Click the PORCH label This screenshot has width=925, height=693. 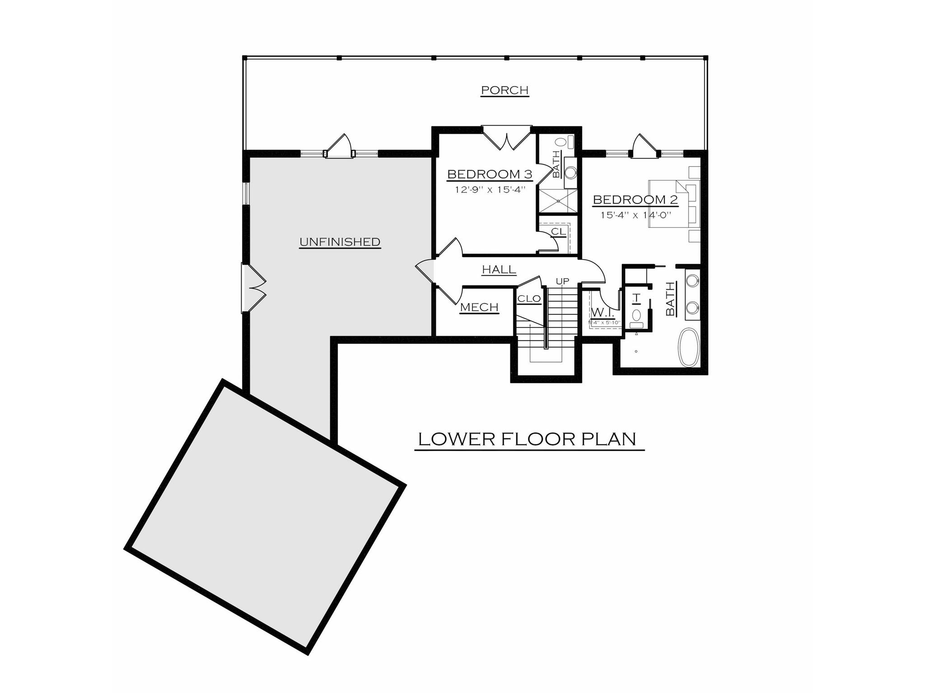505,90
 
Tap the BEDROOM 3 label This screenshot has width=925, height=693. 490,174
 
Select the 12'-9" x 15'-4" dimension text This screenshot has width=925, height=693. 491,190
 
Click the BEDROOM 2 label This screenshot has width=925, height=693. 635,199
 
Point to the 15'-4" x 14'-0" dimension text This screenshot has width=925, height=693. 635,215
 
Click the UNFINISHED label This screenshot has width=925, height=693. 340,242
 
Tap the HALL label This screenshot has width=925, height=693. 499,270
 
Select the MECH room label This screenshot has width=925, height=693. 479,307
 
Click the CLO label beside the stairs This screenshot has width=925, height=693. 529,299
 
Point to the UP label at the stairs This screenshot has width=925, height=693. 562,282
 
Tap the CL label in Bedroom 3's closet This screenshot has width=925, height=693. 558,231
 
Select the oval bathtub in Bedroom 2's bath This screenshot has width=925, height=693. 689,347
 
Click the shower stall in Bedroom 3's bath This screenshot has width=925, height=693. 557,201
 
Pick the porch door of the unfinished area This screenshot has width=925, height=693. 339,147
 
